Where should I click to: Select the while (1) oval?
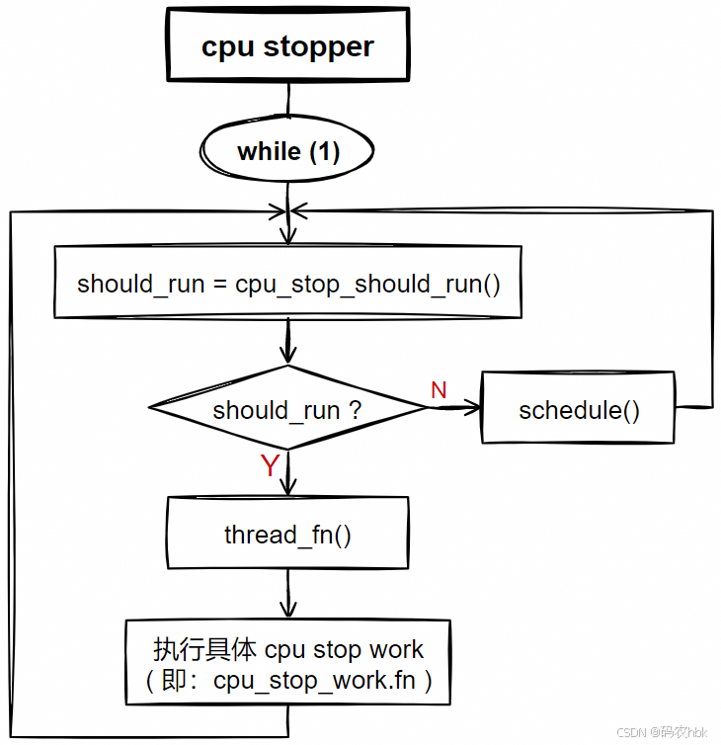pos(287,152)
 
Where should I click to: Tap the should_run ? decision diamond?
pos(287,409)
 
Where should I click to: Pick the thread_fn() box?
pos(287,535)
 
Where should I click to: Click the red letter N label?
pos(439,390)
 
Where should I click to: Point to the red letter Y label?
pos(270,466)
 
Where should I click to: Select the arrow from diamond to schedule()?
pos(454,409)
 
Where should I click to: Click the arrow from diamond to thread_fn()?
pos(287,472)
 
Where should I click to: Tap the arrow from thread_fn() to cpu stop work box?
pos(287,595)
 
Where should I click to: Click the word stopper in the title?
pos(318,47)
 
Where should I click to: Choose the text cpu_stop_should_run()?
pos(367,285)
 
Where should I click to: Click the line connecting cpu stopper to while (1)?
pos(287,101)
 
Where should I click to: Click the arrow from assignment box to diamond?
pos(287,342)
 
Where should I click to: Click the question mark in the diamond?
pos(355,410)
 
